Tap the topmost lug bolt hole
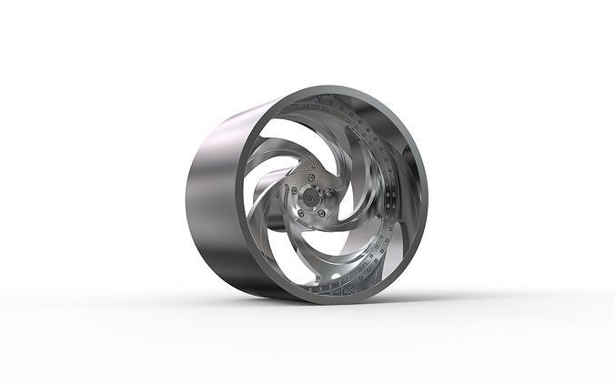coord(310,178)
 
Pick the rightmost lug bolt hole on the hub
coord(326,194)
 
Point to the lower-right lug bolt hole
coord(320,213)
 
